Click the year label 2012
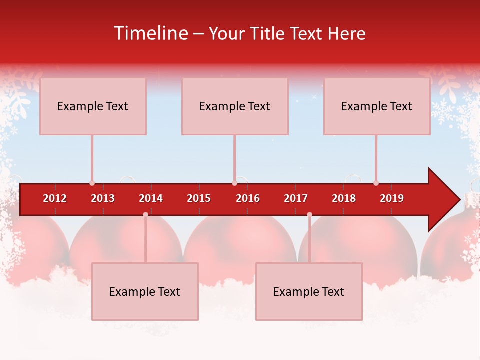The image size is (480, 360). (55, 198)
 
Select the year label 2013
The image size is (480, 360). (103, 198)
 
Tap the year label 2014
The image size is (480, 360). (151, 198)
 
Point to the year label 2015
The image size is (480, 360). (199, 198)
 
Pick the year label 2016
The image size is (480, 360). (248, 198)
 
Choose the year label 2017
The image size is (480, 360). (296, 198)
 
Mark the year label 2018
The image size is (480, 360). (344, 198)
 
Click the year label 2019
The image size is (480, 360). (392, 198)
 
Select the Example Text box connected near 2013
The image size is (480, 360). (93, 106)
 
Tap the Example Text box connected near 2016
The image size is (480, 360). (235, 106)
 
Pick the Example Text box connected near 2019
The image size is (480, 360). (377, 106)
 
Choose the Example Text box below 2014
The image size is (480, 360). (145, 291)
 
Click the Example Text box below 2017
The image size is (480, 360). (309, 291)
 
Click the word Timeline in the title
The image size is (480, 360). (150, 33)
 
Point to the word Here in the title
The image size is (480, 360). (346, 33)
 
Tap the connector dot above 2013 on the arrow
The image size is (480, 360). (92, 183)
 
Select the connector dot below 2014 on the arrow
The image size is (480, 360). (145, 214)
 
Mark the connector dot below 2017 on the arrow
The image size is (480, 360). (309, 214)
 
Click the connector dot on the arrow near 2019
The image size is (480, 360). (376, 183)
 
